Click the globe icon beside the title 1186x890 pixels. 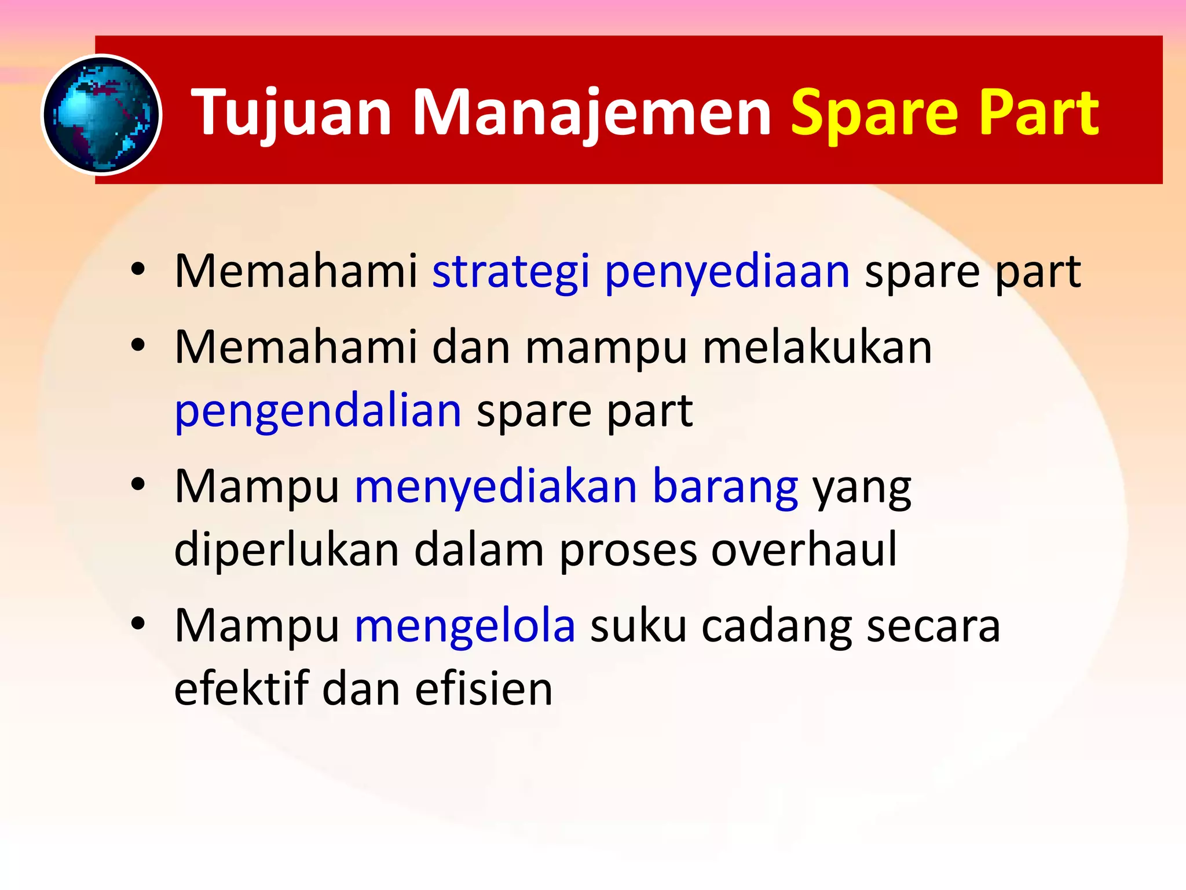pos(101,115)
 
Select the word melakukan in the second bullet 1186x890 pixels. pos(817,348)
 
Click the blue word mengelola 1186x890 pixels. pos(465,626)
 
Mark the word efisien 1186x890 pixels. pos(484,690)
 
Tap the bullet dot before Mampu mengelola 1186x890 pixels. pos(137,623)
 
